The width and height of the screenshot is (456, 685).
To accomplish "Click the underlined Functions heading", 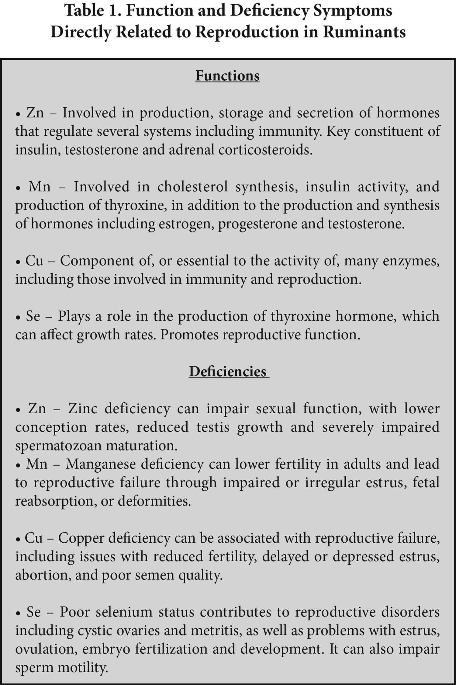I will click(x=227, y=76).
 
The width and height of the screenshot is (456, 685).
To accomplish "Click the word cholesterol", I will click(x=192, y=186).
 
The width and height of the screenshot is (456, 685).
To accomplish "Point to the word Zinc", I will click(x=82, y=408).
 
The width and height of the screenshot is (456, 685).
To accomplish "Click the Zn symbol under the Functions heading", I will click(x=35, y=113).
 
